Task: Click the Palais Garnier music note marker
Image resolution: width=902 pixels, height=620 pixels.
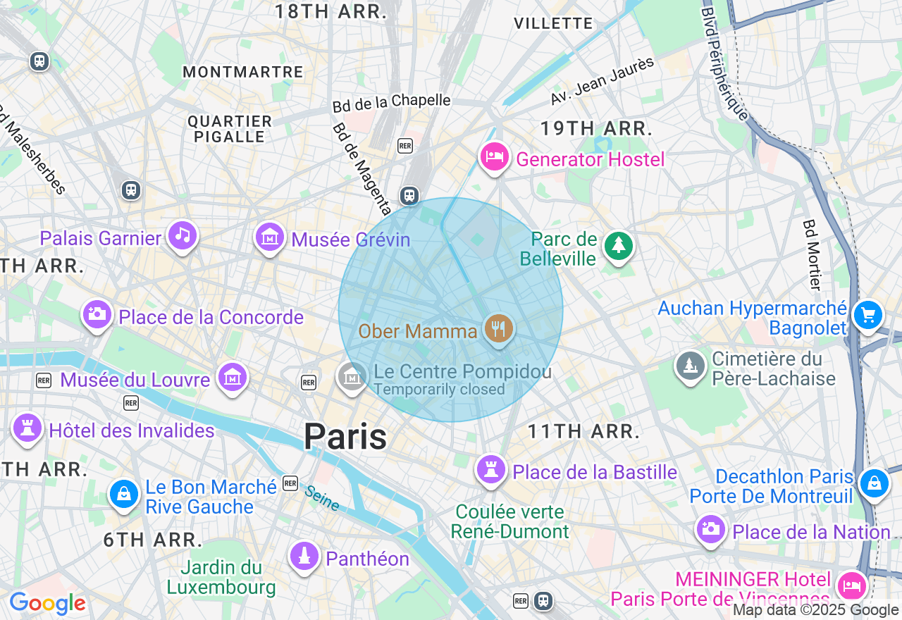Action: (x=183, y=236)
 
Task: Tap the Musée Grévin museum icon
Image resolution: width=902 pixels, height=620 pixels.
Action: (x=270, y=237)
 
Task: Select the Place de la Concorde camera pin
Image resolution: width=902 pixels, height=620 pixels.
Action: (x=97, y=314)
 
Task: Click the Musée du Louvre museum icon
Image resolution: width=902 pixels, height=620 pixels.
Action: (x=232, y=378)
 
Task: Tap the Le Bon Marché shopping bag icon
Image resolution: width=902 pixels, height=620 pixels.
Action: (x=124, y=493)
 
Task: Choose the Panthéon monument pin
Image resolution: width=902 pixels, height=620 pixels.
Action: (x=304, y=556)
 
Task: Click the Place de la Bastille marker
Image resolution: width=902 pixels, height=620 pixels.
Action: (x=491, y=469)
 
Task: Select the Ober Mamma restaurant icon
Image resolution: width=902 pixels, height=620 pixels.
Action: (x=499, y=328)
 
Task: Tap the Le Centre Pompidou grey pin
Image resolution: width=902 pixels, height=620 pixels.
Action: (x=352, y=376)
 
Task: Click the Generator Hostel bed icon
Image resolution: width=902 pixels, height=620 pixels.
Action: (x=495, y=156)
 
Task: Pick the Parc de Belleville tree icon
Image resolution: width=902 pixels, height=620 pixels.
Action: (x=619, y=245)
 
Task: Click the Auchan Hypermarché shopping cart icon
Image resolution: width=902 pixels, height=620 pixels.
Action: (x=867, y=314)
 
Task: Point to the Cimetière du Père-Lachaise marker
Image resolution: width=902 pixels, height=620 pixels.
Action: (x=691, y=366)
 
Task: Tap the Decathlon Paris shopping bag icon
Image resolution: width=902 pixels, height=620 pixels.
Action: (x=875, y=483)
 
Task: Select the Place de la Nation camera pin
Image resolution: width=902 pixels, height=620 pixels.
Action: (x=710, y=528)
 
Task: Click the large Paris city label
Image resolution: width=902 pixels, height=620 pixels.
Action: (x=345, y=437)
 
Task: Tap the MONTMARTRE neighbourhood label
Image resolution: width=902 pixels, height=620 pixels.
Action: (x=242, y=72)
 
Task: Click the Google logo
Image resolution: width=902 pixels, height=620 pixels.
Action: (x=47, y=603)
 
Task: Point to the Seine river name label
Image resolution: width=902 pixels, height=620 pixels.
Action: (x=321, y=497)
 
